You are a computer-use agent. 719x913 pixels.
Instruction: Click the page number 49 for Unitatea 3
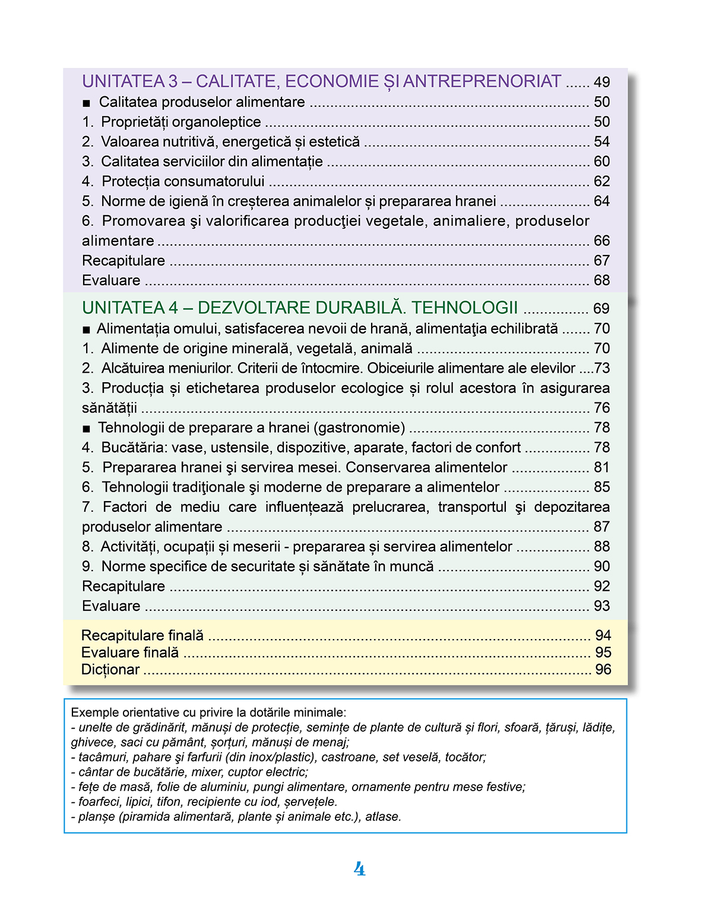point(601,82)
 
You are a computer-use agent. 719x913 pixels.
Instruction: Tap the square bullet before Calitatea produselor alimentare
point(87,103)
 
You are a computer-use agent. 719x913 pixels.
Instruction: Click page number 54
point(601,141)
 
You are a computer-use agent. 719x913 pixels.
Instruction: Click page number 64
point(601,201)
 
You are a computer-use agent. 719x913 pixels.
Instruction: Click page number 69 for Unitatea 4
point(601,308)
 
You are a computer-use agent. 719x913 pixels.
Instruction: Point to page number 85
point(601,487)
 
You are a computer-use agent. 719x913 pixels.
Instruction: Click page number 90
point(601,566)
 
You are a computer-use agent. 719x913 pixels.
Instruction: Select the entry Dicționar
point(110,670)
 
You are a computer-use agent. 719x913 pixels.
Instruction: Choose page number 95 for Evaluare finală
point(603,653)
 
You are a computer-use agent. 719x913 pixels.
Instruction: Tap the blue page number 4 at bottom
point(359,869)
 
